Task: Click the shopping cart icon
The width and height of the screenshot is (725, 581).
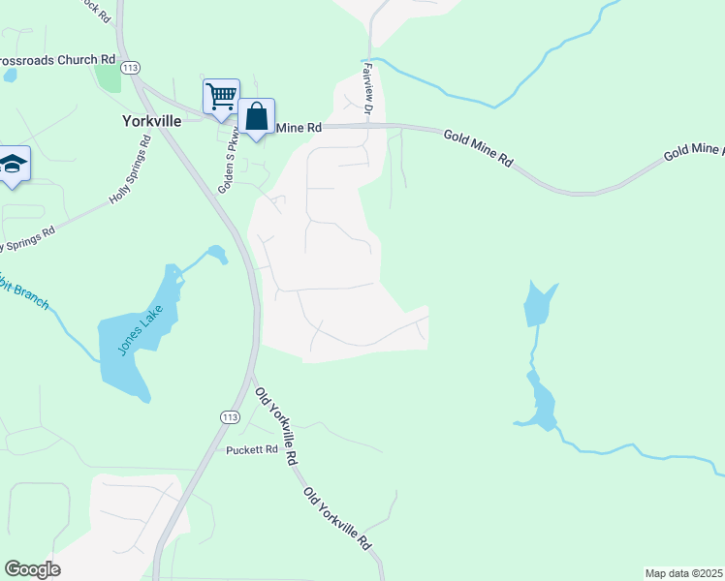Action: point(221,96)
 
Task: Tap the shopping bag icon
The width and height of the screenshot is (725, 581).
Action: point(257,116)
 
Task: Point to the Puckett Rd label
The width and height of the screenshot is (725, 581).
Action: point(252,450)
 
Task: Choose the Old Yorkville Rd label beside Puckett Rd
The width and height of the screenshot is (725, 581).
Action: point(275,427)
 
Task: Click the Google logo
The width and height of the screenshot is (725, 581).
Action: point(32,569)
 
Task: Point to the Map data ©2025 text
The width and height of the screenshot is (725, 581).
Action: point(684,573)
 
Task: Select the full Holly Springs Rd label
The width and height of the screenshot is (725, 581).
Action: point(131,170)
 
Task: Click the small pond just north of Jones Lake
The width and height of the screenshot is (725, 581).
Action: point(217,255)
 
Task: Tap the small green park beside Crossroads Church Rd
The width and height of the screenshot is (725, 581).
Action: point(109,77)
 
